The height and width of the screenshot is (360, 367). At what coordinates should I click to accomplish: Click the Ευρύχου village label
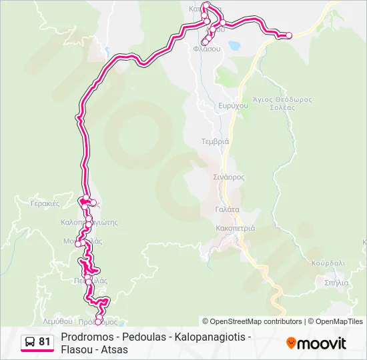click(215, 105)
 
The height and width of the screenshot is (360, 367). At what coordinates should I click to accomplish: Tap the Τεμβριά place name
click(215, 141)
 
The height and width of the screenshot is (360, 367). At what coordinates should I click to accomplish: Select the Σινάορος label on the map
click(230, 177)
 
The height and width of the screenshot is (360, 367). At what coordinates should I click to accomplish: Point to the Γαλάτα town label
click(227, 209)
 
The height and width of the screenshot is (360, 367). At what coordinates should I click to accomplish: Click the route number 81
click(44, 342)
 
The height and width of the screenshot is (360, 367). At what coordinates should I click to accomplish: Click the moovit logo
click(316, 343)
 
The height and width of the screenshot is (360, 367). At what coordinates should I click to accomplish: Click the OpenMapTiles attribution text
click(340, 321)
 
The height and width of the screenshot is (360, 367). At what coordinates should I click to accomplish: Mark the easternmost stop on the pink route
click(288, 35)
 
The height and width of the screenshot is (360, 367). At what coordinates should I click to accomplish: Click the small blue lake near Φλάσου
click(234, 47)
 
